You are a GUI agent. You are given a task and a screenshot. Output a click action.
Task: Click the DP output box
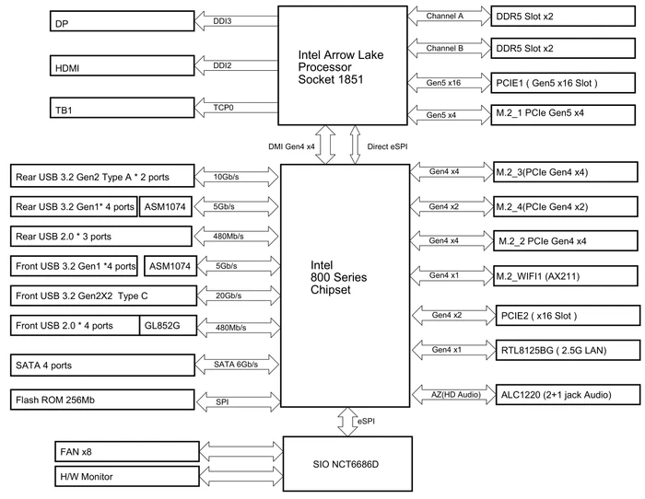123,20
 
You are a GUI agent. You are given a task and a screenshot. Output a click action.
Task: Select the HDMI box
123,65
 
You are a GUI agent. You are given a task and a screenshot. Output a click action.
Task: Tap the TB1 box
123,108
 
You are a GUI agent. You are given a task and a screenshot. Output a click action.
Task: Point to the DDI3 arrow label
222,21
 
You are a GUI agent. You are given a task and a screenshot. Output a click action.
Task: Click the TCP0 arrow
236,108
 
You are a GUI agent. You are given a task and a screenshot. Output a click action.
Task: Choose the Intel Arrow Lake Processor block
343,65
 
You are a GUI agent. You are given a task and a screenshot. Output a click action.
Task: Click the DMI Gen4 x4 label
292,146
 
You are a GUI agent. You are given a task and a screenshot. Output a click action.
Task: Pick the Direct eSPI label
388,146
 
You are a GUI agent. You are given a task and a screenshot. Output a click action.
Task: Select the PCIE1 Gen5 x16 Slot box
563,83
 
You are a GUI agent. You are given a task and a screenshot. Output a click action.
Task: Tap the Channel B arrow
450,49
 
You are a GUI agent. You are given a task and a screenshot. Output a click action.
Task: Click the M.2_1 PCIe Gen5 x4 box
563,115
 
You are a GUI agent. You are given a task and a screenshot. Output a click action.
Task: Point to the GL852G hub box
168,326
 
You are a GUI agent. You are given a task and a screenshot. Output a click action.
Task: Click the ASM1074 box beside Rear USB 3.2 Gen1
165,207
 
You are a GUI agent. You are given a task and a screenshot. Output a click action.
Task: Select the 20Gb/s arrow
239,296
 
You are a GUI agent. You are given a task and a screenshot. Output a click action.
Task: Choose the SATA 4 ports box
102,366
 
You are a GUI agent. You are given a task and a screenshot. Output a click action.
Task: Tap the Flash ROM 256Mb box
102,400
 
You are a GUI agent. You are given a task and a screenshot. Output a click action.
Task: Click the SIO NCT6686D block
347,464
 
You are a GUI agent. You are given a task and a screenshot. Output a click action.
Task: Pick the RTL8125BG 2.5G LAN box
569,350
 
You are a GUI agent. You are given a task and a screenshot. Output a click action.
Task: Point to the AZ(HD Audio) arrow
453,395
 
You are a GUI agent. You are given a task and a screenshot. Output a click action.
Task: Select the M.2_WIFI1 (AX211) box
566,276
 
